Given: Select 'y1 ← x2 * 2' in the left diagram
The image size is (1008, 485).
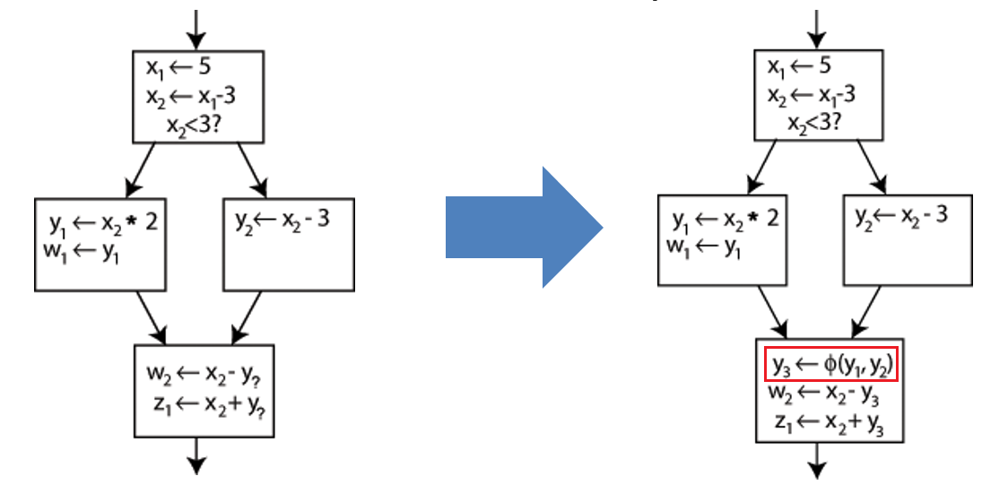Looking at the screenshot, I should (103, 221).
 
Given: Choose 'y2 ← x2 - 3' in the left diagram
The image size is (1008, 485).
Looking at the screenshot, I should (279, 218).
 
